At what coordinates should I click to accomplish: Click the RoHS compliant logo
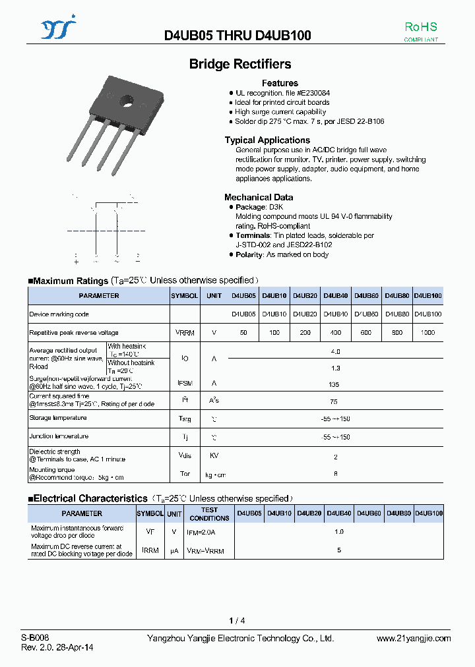420,31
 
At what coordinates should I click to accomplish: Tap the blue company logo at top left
59,30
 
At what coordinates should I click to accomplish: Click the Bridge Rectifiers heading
240,64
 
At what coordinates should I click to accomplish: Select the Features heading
280,83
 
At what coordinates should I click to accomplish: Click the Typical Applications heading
267,140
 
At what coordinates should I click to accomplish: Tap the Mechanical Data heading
259,197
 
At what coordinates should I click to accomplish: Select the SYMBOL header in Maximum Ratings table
185,296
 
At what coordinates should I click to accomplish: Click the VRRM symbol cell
185,333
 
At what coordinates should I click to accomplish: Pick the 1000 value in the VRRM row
427,333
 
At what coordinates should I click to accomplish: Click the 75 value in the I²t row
334,401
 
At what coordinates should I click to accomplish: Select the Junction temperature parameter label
59,436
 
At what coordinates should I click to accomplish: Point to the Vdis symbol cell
185,455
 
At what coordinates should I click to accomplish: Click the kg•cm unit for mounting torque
214,474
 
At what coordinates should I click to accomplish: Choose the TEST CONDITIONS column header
209,513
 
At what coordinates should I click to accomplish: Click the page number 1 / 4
237,621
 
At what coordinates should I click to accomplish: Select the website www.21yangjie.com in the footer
414,639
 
